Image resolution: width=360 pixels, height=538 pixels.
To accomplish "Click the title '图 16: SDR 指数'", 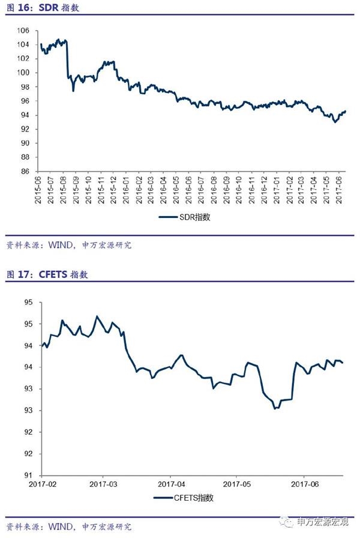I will click(x=42, y=9).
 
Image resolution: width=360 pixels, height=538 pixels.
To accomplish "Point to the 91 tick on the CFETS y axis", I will click(x=28, y=475).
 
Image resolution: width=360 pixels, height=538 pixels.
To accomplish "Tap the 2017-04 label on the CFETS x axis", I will click(x=170, y=483).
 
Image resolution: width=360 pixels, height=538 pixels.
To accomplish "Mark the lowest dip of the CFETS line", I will click(x=275, y=408).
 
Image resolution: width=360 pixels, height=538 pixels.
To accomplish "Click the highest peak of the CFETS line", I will click(x=97, y=316).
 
